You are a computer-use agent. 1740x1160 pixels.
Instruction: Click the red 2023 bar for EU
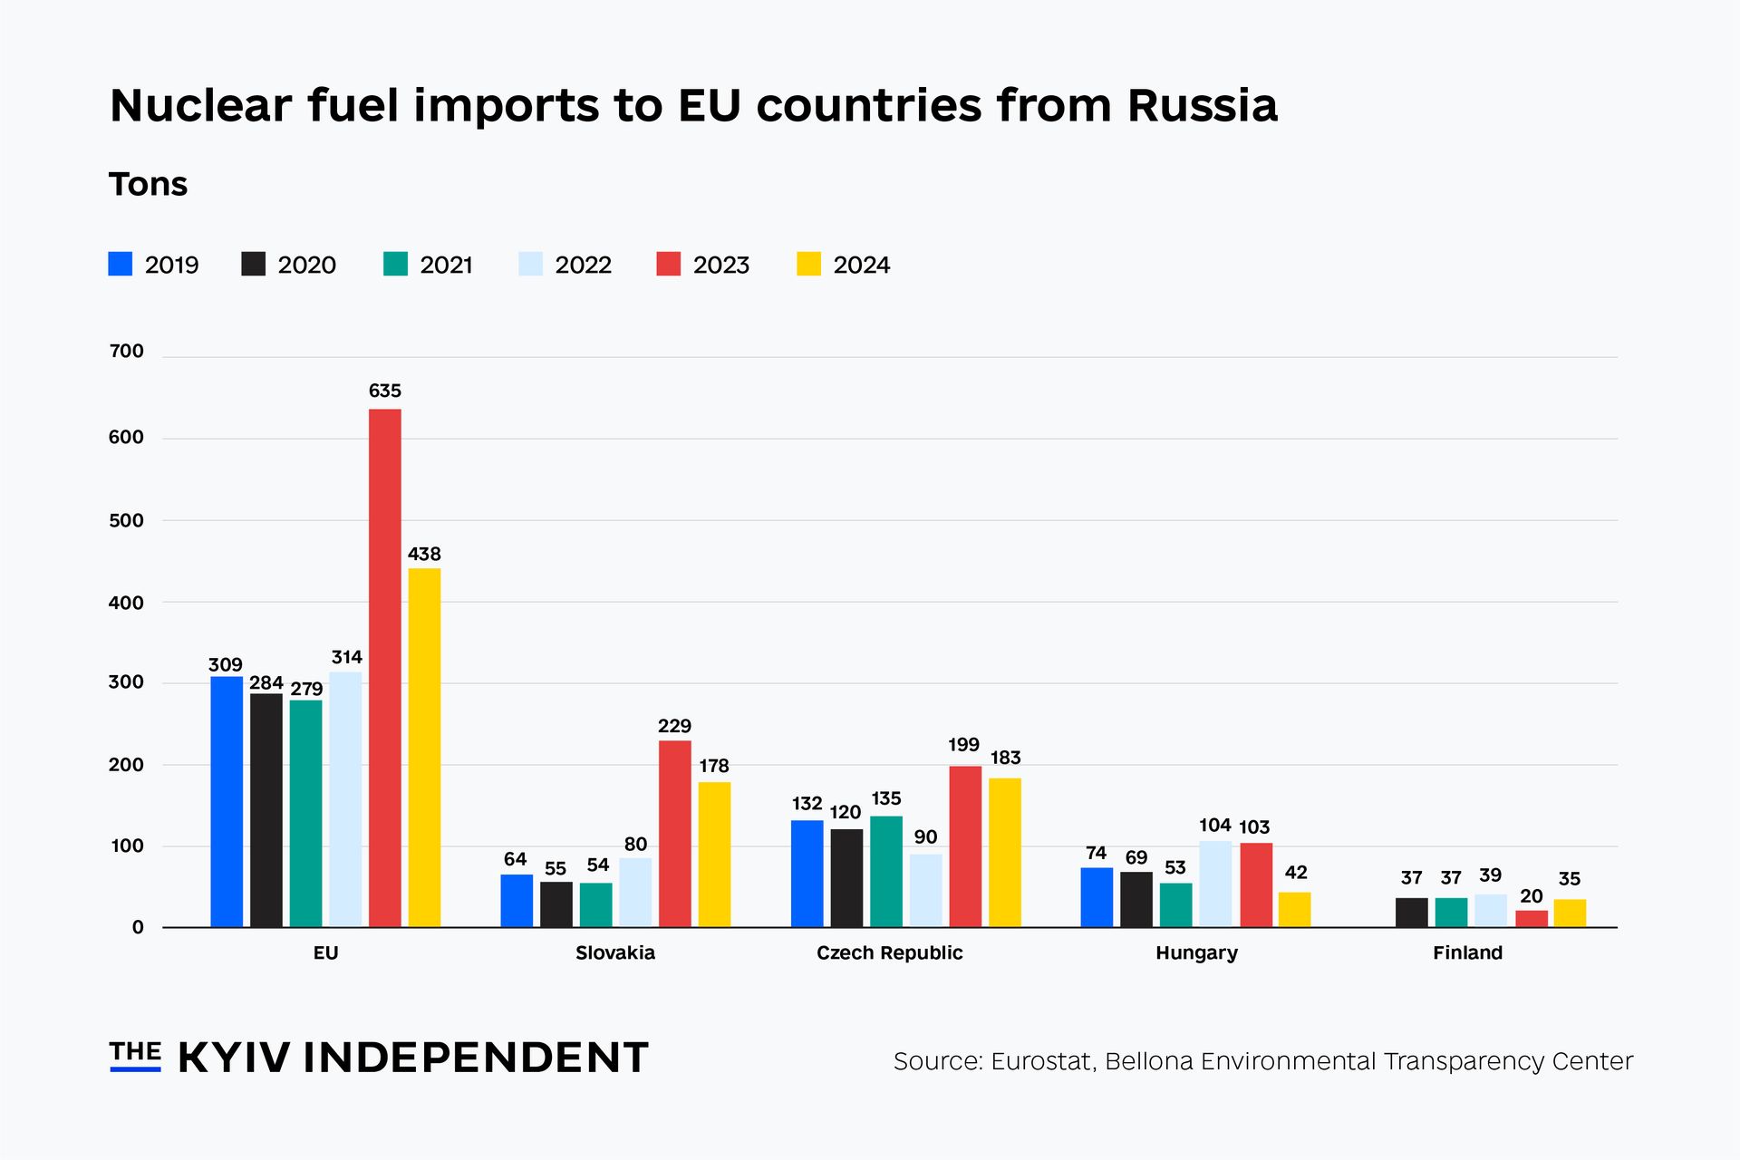click(x=384, y=668)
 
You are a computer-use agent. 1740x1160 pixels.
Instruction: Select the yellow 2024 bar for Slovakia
click(x=714, y=854)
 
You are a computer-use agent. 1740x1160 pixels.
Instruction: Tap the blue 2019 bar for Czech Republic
click(x=807, y=874)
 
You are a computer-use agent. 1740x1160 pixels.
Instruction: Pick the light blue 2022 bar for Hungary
click(x=1215, y=884)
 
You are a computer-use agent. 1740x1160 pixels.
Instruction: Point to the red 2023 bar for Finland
click(x=1532, y=918)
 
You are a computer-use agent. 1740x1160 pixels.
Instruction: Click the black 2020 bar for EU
click(x=266, y=810)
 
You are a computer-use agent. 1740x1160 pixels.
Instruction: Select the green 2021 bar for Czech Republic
click(x=886, y=871)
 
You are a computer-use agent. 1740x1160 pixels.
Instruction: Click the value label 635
click(x=384, y=391)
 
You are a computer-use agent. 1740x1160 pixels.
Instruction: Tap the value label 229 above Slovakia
click(x=674, y=727)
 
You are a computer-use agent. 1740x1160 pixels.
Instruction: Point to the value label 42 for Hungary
click(x=1296, y=873)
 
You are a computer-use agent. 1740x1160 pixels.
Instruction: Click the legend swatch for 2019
click(x=121, y=264)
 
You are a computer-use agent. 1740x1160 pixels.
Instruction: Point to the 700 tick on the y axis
click(x=126, y=352)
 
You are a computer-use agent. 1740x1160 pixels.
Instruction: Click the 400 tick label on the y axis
click(x=126, y=603)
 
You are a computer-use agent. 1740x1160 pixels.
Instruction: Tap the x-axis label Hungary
click(x=1196, y=953)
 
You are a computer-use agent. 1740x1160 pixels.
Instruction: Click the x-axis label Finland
click(x=1467, y=953)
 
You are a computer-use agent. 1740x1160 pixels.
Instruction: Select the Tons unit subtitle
click(x=148, y=185)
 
